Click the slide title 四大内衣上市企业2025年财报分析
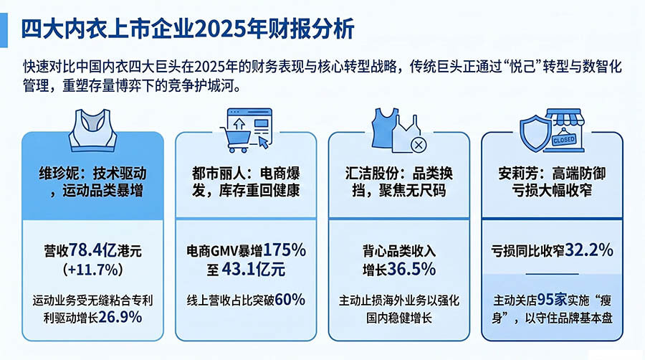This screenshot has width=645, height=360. [188, 29]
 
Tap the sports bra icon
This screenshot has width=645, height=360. [92, 130]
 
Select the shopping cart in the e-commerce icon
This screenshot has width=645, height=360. [236, 139]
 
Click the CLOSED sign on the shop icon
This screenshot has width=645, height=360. [564, 140]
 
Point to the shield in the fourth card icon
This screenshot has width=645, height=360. [535, 133]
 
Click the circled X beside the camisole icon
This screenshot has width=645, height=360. [419, 144]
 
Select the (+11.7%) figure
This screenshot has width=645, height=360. [93, 270]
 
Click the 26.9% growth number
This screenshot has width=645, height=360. [120, 317]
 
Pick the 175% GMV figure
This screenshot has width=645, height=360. [285, 250]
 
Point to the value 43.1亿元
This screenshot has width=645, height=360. [254, 270]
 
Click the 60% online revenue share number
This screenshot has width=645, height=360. [290, 300]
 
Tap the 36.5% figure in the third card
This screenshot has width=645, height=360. [411, 269]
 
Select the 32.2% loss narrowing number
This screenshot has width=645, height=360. [589, 250]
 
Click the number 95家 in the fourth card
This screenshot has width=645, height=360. [552, 299]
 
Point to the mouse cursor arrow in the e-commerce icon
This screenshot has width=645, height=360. [264, 143]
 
